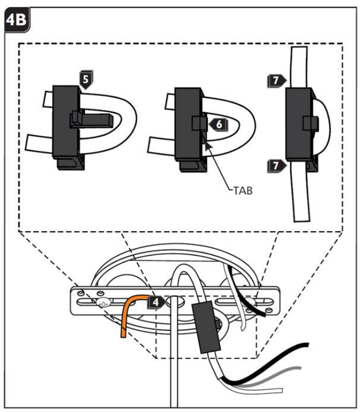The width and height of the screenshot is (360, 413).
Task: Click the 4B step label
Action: pos(17,20)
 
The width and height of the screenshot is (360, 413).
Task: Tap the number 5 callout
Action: pos(86,79)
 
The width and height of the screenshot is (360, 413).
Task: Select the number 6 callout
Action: pos(218,124)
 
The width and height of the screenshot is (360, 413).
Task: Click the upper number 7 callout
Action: pos(277,81)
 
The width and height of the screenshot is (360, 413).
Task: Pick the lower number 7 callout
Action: pos(277,166)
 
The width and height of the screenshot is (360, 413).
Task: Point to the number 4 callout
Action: pos(157,302)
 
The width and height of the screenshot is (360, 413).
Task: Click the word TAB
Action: pos(243,191)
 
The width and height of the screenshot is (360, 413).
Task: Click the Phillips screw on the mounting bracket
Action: pos(104,303)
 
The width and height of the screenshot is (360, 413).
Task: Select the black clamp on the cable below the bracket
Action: pos(207,327)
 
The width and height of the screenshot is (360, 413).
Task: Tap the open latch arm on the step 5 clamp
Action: pos(92,120)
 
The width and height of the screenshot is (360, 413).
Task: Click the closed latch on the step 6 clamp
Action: pos(200,123)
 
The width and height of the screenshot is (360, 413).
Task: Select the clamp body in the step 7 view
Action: pos(299,124)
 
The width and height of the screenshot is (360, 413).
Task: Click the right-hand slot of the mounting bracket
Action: pos(244,301)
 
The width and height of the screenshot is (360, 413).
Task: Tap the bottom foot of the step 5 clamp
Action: pos(71,164)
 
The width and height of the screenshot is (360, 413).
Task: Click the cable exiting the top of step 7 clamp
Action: pos(299,67)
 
